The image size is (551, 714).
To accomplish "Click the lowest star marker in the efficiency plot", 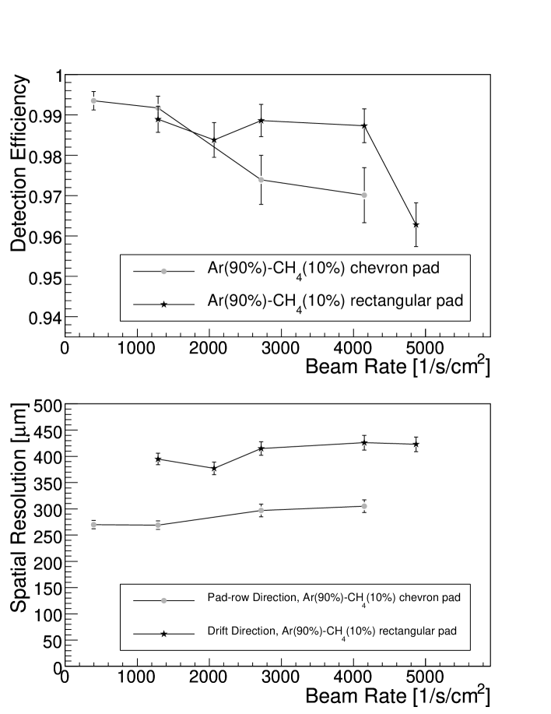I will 416,224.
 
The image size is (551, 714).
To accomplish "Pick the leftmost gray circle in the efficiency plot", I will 93,100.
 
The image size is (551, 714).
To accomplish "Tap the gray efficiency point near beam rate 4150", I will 364,195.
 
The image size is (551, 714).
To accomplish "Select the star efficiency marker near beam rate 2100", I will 214,140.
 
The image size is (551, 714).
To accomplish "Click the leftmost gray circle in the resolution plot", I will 93,525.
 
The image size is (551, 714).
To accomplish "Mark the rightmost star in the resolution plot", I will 416,445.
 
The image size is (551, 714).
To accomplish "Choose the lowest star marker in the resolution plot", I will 214,469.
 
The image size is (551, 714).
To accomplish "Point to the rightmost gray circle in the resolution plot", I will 364,506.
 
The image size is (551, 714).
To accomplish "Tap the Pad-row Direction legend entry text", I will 335,598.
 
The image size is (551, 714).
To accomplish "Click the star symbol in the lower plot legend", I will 163,634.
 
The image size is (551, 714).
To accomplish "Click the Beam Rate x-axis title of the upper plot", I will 398,364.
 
